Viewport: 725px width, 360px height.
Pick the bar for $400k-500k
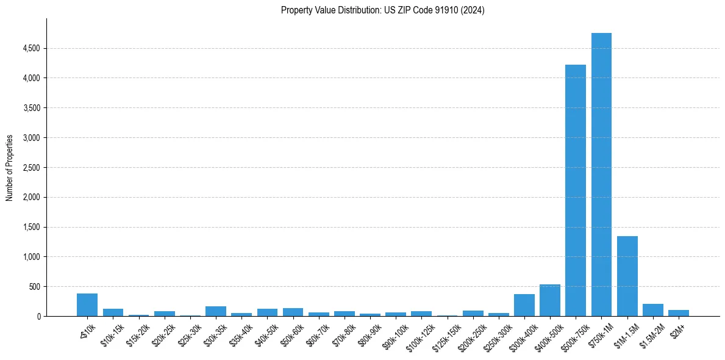tap(549, 300)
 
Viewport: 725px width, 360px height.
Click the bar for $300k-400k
tap(524, 305)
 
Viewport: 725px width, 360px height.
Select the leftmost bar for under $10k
tap(87, 304)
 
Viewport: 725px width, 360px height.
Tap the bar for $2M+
tap(678, 313)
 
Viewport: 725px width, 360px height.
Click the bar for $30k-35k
tap(216, 311)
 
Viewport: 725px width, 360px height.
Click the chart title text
tap(382, 10)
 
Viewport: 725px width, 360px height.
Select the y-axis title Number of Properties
tap(10, 167)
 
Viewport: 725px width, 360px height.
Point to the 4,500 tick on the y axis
tap(32, 48)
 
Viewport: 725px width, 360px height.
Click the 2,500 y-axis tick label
tap(32, 168)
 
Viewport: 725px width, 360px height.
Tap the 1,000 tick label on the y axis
tap(32, 257)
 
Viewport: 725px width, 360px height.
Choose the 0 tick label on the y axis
tap(38, 317)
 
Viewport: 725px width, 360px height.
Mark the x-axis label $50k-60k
tap(290, 333)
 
